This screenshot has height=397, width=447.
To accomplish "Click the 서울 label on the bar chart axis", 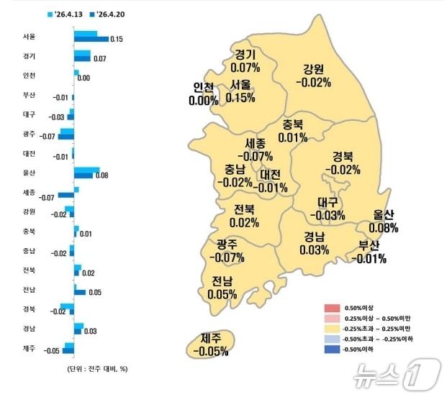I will tap(29, 35).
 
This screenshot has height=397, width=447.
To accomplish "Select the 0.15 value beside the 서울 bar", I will tap(117, 40).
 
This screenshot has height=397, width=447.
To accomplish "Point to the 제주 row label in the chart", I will tap(29, 347).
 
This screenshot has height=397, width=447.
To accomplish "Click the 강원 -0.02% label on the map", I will tap(313, 76).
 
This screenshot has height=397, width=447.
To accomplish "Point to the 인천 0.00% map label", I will tap(203, 94).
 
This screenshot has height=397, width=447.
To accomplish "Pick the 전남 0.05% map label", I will tap(222, 287).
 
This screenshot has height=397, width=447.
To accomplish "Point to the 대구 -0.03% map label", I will tap(328, 209).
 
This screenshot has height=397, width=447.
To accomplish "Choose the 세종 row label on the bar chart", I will tap(29, 191).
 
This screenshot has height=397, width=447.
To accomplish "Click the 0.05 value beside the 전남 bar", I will tap(95, 292).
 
